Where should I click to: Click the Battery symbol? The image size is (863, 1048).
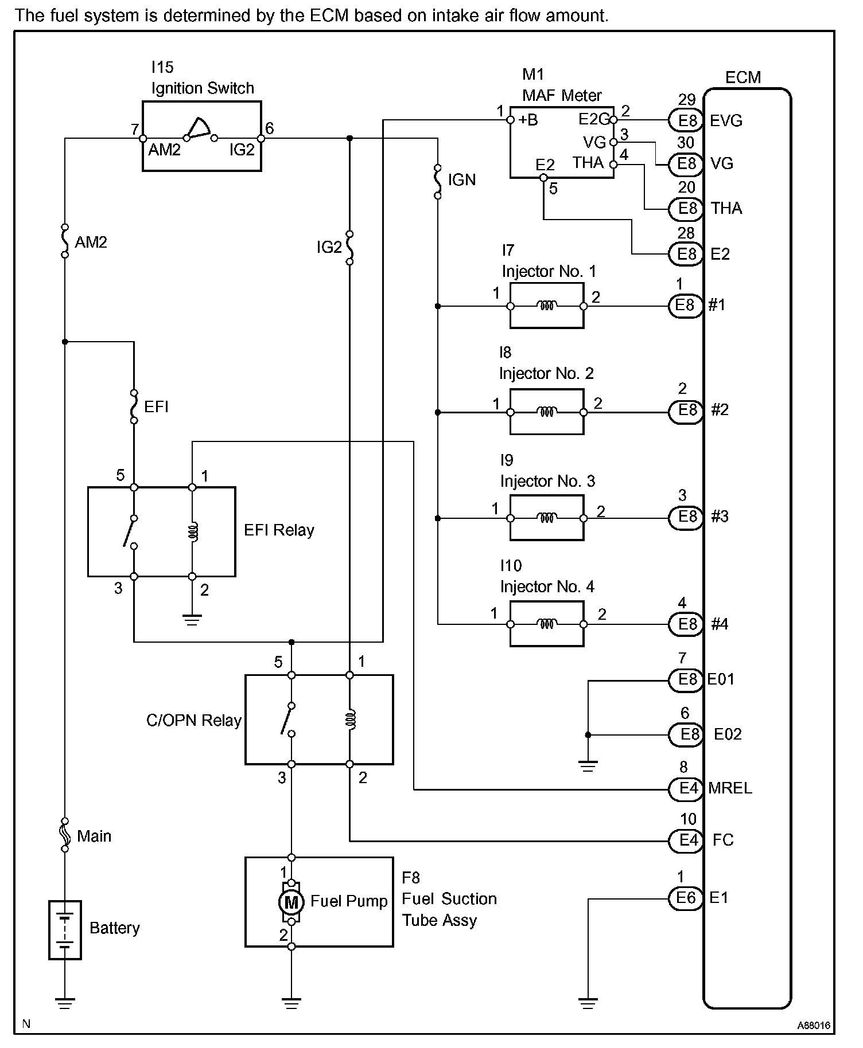coord(65,929)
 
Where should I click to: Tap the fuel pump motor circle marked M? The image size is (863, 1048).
coord(291,903)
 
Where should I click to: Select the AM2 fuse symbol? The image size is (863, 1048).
coord(65,241)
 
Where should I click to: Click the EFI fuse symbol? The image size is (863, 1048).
coord(134,406)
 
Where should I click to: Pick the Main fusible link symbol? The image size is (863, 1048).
coord(65,834)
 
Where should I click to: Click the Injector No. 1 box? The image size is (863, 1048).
coord(547,307)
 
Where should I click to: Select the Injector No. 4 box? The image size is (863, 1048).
coord(547,624)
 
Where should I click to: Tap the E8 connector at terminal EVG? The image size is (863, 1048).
coord(686,120)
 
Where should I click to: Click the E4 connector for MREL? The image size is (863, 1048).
coord(686,789)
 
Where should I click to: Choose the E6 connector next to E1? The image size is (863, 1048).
coord(686,897)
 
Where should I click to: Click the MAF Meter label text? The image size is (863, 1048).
coord(562,95)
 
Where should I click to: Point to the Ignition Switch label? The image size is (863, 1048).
coord(203,88)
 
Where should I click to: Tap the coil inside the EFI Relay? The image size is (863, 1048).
coord(193,531)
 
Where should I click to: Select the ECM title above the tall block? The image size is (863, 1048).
coord(743,77)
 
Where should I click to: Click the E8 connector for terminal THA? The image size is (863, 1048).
coord(686,208)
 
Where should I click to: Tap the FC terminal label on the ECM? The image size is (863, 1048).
coord(723,840)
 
